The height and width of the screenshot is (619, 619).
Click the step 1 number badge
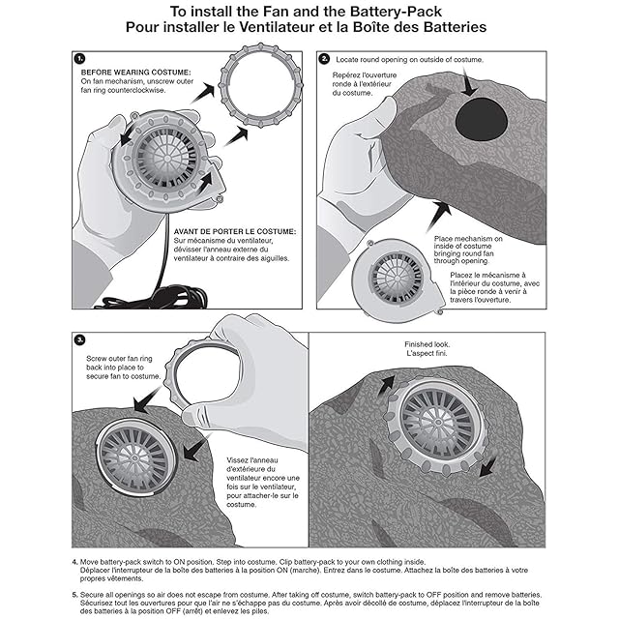coord(80,58)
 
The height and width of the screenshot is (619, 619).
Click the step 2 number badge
coord(324,58)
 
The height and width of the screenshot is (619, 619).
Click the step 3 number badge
coord(80,339)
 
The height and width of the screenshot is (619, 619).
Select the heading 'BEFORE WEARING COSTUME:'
coord(136,72)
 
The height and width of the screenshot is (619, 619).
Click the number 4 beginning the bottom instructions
coord(74,562)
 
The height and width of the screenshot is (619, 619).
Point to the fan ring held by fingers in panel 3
coord(198,382)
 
